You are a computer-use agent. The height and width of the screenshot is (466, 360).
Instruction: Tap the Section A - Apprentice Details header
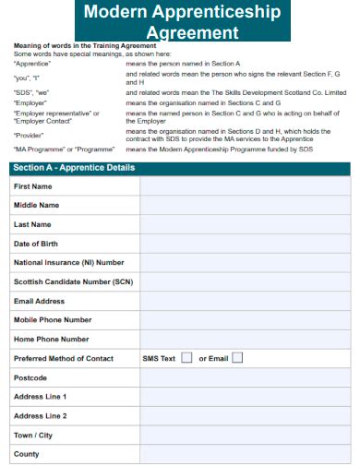pos(74,168)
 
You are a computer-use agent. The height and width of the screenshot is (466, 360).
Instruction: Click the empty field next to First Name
pos(245,186)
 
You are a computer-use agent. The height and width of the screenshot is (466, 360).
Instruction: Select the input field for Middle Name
pos(245,205)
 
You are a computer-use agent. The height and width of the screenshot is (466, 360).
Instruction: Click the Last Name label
pos(33,224)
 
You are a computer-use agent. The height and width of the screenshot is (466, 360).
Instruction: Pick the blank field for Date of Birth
pos(245,244)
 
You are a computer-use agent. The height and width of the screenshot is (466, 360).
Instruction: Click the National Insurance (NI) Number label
pos(69,263)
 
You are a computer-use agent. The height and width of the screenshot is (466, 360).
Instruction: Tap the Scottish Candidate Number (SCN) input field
pos(245,281)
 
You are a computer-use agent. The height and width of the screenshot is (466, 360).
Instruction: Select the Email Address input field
pos(245,301)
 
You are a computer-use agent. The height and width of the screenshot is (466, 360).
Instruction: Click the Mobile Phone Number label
pos(53,320)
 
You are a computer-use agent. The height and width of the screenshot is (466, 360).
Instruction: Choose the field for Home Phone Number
pos(245,339)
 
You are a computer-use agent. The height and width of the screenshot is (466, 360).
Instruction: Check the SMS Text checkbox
pos(186,358)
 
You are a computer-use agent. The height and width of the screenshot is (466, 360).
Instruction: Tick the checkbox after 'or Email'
pos(237,358)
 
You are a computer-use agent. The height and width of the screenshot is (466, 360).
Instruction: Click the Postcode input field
pos(245,377)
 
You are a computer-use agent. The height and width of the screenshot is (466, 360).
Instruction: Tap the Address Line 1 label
pos(41,397)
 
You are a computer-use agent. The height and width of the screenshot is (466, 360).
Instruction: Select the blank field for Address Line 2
pos(245,415)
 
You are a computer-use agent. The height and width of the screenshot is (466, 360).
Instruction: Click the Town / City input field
pos(245,435)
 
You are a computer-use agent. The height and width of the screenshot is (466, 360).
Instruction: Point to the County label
pos(27,454)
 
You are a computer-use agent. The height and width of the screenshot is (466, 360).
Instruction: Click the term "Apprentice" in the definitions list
pos(33,63)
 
